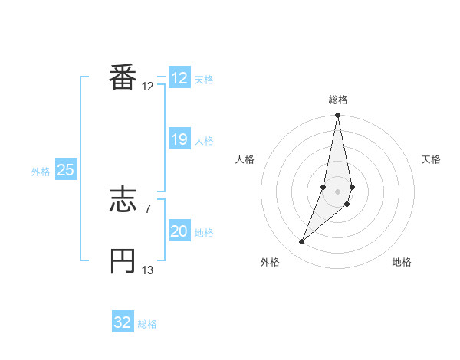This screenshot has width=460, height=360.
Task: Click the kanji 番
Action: (123, 78)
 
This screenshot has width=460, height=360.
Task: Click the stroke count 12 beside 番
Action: (148, 87)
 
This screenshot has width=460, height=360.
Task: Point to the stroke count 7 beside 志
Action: (148, 208)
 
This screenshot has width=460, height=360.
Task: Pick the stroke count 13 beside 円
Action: (148, 270)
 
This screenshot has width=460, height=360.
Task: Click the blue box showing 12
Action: (179, 78)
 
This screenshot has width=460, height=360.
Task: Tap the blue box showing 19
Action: (179, 139)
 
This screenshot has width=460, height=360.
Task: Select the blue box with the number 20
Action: (179, 231)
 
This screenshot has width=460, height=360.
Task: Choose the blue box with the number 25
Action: (66, 170)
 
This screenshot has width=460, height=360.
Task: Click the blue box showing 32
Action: (123, 322)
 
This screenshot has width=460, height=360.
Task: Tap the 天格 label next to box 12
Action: (204, 80)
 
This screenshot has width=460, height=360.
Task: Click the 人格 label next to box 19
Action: (204, 141)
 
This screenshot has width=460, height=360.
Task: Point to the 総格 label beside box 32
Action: (147, 324)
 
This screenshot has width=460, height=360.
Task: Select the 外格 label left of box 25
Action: (41, 172)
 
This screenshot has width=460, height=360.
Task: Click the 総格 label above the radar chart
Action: (338, 100)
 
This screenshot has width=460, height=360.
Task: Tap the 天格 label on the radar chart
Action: (431, 159)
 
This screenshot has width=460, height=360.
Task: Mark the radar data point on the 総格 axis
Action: (338, 116)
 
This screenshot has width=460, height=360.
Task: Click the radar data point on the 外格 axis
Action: (302, 242)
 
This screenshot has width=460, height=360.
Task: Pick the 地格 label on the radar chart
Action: (402, 262)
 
